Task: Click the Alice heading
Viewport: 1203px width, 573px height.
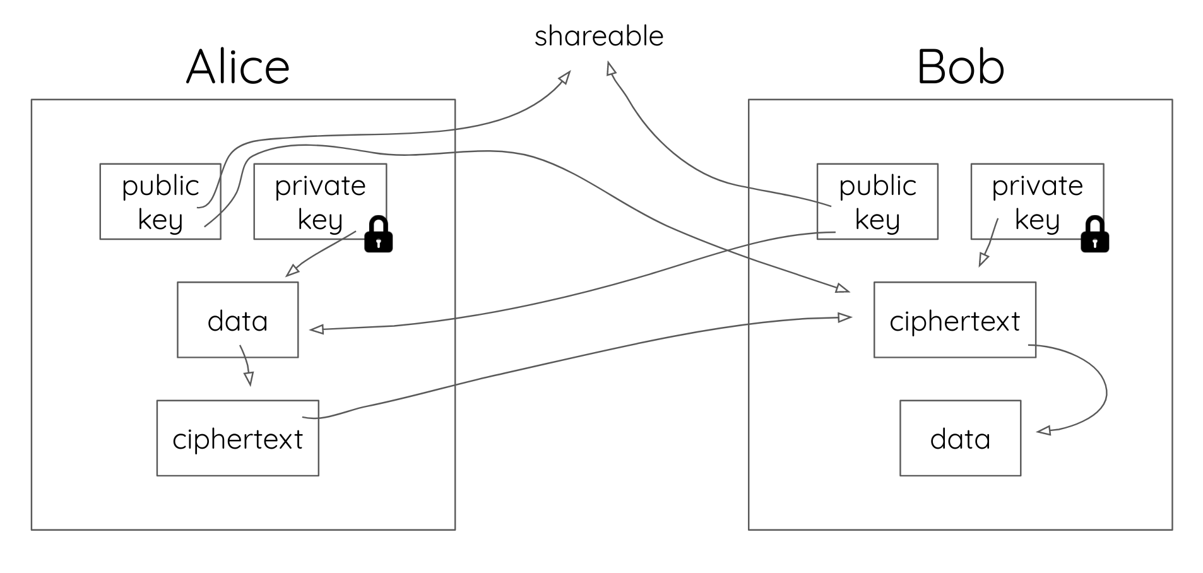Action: click(x=238, y=67)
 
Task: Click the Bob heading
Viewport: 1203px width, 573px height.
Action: click(x=960, y=67)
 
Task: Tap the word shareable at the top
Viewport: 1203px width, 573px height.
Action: click(x=599, y=36)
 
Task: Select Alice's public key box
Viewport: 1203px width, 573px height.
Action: click(x=160, y=201)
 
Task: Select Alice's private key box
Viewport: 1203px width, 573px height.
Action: click(x=320, y=201)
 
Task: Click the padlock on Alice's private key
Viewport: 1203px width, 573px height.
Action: click(x=378, y=235)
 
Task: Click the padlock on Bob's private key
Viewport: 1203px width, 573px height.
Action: click(x=1094, y=235)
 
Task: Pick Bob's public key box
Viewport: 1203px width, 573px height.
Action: click(x=877, y=201)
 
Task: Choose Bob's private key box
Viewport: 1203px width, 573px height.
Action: click(x=1037, y=201)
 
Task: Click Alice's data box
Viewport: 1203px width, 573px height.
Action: click(x=237, y=320)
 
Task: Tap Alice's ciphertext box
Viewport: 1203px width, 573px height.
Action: click(x=237, y=438)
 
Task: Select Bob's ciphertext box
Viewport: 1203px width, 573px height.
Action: click(x=954, y=320)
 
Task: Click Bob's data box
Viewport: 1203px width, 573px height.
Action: click(x=960, y=438)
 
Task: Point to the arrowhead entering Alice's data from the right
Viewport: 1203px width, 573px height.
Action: click(x=316, y=329)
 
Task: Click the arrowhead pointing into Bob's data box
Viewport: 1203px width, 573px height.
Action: click(x=1043, y=431)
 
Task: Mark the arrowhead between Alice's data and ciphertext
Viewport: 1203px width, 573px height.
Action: click(x=249, y=378)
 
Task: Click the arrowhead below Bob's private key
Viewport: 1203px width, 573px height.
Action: click(x=983, y=259)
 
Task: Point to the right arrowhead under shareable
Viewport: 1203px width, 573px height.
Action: click(x=610, y=68)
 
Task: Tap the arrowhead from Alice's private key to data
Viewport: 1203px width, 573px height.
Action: click(x=292, y=270)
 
